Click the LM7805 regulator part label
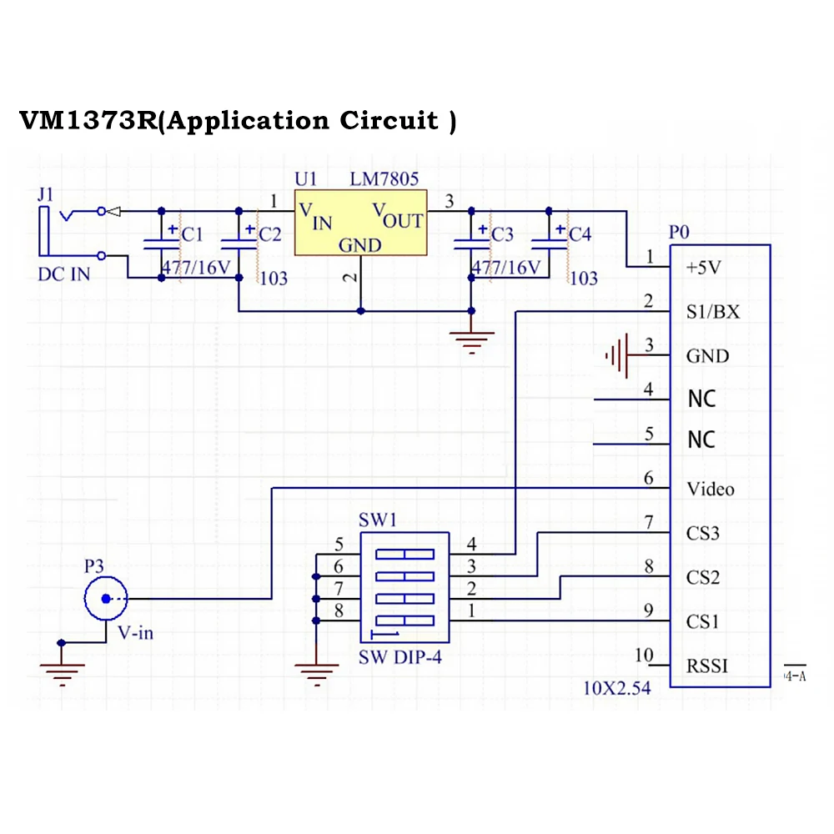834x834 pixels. pos(384,179)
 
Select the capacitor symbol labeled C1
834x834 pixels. pos(161,243)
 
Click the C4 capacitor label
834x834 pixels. pos(579,235)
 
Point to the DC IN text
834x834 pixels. pos(64,274)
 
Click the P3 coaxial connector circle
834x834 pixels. pos(105,598)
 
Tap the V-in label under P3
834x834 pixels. pos(135,633)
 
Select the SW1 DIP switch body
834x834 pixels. pos(404,588)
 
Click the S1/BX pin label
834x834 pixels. pos(712,312)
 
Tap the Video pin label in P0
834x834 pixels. pos(710,489)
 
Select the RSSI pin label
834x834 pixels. pos(707,666)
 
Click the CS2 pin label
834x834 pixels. pos(702,577)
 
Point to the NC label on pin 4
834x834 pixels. pos(701,399)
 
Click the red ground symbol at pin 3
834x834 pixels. pos(617,356)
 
